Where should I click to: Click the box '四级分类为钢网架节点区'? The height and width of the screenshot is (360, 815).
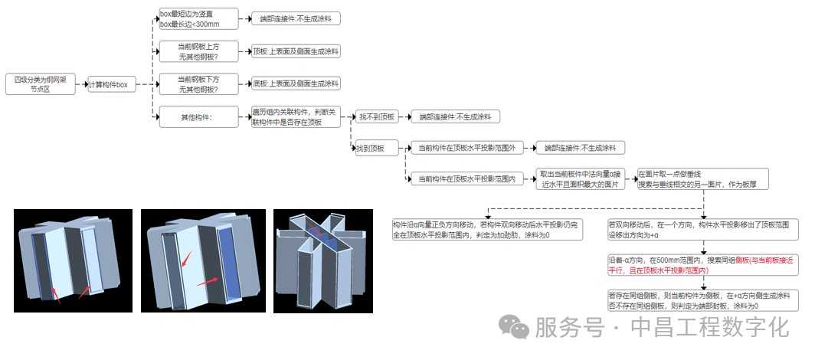pos(40,84)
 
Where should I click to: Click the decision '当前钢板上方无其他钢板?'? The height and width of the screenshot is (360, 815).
pos(197,52)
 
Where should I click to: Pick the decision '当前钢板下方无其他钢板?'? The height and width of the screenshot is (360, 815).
pos(197,83)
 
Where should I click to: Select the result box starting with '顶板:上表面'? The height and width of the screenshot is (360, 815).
pos(296,52)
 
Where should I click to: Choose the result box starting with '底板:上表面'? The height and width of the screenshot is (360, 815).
pos(296,83)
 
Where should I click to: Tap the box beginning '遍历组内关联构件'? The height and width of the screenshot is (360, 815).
pos(296,117)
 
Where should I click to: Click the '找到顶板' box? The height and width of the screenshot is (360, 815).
pos(370,148)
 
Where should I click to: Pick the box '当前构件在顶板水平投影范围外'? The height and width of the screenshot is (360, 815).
pos(464,147)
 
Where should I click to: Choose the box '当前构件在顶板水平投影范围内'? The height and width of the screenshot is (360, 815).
pos(464,179)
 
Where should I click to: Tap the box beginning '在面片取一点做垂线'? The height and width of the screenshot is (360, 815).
pos(702,179)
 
